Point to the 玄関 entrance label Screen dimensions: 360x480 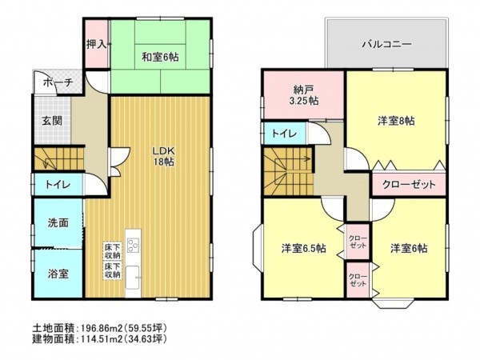[x=53, y=121]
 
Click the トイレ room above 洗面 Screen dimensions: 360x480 [x=55, y=186]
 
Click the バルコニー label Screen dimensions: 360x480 [x=386, y=44]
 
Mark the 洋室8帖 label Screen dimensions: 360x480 [x=396, y=121]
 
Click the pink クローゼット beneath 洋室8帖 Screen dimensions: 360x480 [x=408, y=184]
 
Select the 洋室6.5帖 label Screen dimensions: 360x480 [x=302, y=248]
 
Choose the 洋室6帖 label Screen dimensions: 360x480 [x=408, y=248]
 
